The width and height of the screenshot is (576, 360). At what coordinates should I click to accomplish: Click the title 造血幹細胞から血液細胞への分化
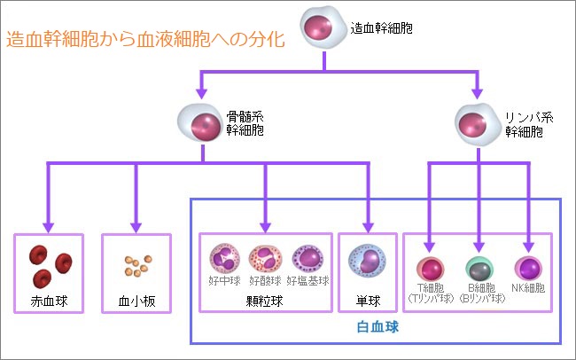(145, 39)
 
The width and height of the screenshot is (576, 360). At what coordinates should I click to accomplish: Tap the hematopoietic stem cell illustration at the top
(323, 27)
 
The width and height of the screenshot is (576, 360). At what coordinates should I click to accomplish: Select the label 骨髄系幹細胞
(245, 123)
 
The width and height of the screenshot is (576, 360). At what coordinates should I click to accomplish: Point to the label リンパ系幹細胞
(529, 125)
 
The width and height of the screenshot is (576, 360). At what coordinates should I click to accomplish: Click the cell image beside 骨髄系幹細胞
(200, 123)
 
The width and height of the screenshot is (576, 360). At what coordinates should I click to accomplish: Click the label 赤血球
(49, 301)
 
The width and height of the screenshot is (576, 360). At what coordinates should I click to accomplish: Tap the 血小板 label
(136, 301)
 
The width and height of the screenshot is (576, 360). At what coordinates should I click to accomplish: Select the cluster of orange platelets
(137, 265)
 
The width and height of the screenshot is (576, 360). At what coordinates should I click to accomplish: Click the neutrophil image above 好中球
(224, 258)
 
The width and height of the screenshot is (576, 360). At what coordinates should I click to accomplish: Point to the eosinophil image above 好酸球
(265, 258)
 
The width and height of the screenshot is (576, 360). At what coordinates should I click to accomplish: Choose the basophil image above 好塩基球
(307, 258)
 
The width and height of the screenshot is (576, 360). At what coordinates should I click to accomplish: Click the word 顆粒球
(264, 301)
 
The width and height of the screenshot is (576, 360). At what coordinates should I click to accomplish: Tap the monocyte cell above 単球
(368, 261)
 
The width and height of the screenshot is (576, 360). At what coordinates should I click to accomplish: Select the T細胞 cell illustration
(430, 269)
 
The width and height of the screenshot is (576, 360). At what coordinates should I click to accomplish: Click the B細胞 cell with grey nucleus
(479, 269)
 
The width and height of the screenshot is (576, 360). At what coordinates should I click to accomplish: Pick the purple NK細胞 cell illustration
(528, 269)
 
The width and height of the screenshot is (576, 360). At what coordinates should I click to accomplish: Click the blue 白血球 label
(378, 327)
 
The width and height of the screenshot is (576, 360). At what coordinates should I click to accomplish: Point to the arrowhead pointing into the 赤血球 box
(48, 227)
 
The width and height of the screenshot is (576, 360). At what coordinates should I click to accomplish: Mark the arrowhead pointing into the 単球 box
(368, 227)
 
